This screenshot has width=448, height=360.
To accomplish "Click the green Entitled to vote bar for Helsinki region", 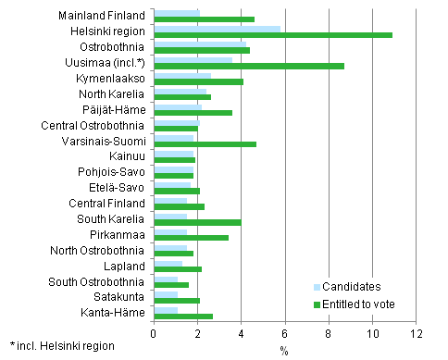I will click(x=272, y=35).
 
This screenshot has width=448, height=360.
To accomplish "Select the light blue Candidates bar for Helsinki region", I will click(x=217, y=29).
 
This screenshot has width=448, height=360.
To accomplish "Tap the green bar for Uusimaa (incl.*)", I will click(x=248, y=67).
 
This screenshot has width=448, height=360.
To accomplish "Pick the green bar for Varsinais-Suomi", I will click(x=205, y=144).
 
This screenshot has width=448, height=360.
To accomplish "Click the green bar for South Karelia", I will click(x=197, y=222).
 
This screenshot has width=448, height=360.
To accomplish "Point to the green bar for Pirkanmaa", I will click(x=191, y=238).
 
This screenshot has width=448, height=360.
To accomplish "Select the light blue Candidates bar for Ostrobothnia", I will click(x=200, y=43).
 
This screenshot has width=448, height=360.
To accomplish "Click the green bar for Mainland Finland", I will click(x=204, y=19).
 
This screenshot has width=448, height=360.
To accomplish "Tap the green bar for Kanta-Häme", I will click(x=183, y=316).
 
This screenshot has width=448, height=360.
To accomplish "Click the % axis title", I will click(x=285, y=349).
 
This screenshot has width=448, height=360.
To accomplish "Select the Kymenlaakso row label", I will click(x=111, y=79).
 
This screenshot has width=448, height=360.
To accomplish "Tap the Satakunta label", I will click(x=118, y=296).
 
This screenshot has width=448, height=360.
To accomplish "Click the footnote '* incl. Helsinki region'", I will click(x=62, y=345).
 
